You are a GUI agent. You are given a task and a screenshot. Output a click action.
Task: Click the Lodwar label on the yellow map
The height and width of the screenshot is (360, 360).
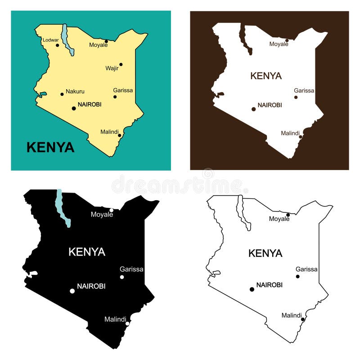(x=50, y=40)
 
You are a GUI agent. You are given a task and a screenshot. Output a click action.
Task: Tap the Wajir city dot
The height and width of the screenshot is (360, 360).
(x=121, y=64)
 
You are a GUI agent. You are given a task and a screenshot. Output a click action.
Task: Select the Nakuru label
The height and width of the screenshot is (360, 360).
(x=75, y=91)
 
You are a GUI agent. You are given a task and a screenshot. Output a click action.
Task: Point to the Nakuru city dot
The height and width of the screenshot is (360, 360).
(x=62, y=94)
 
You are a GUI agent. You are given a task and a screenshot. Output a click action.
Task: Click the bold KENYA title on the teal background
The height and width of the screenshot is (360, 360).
(x=50, y=147)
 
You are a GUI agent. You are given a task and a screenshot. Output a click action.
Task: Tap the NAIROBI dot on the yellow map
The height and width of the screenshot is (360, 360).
(x=74, y=108)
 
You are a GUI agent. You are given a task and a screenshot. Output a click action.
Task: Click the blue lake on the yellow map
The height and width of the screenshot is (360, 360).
(x=67, y=40)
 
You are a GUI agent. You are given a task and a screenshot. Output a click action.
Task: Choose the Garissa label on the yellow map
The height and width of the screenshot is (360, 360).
(x=123, y=90)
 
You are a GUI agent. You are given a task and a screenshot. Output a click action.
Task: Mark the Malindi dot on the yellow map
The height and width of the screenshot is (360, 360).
(x=119, y=135)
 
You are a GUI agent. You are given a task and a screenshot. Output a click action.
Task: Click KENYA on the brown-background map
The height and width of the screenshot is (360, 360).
(x=266, y=76)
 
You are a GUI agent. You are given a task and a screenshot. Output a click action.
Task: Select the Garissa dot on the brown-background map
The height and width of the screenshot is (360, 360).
(x=296, y=97)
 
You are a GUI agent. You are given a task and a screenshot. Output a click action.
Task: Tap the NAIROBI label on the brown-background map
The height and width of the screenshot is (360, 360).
(x=270, y=105)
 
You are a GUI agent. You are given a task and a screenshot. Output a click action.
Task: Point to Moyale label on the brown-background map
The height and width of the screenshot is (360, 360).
(x=279, y=44)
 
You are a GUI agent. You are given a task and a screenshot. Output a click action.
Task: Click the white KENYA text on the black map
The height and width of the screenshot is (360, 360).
(x=87, y=252)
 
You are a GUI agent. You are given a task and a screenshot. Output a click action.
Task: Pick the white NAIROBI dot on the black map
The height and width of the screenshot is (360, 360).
(x=72, y=291)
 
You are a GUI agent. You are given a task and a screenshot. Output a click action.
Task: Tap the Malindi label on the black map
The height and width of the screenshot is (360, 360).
(x=115, y=319)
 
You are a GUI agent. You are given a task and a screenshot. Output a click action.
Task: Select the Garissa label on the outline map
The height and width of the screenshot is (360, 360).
(x=306, y=269)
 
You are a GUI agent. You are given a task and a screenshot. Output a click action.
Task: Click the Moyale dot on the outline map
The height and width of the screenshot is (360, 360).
(x=288, y=215)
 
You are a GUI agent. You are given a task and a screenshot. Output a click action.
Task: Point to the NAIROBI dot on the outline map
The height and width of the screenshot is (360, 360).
(x=252, y=289)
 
